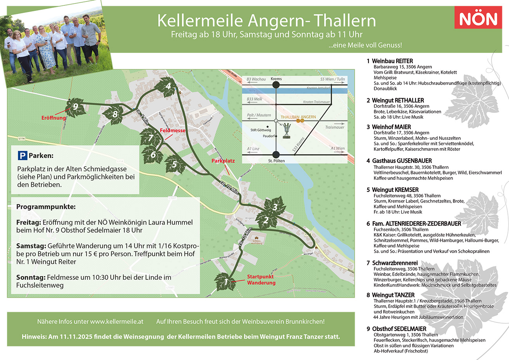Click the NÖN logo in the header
pyautogui.click(x=478, y=18)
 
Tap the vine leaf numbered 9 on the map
pyautogui.click(x=75, y=107)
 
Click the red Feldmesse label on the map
pyautogui.click(x=172, y=130)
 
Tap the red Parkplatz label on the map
pyautogui.click(x=223, y=161)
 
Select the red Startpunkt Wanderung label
pyautogui.click(x=261, y=280)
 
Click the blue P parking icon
pyautogui.click(x=23, y=156)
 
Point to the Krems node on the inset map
pyautogui.click(x=276, y=84)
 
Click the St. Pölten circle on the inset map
pyautogui.click(x=276, y=154)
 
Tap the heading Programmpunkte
pyautogui.click(x=46, y=206)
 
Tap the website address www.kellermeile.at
pyautogui.click(x=117, y=322)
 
